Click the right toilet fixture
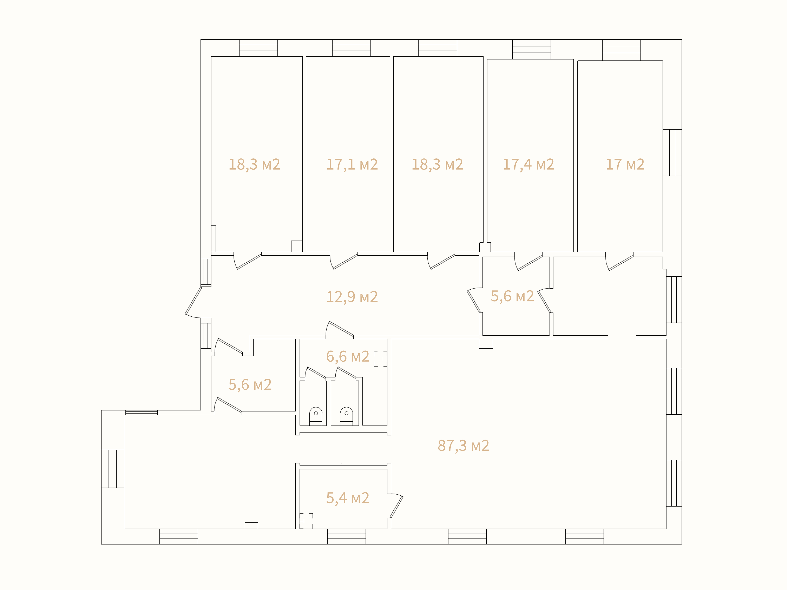[x=346, y=416]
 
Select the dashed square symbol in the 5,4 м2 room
[x=306, y=521]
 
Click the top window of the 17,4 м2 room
[x=531, y=49]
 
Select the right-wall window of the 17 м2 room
[x=672, y=153]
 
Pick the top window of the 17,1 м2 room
[x=352, y=48]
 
